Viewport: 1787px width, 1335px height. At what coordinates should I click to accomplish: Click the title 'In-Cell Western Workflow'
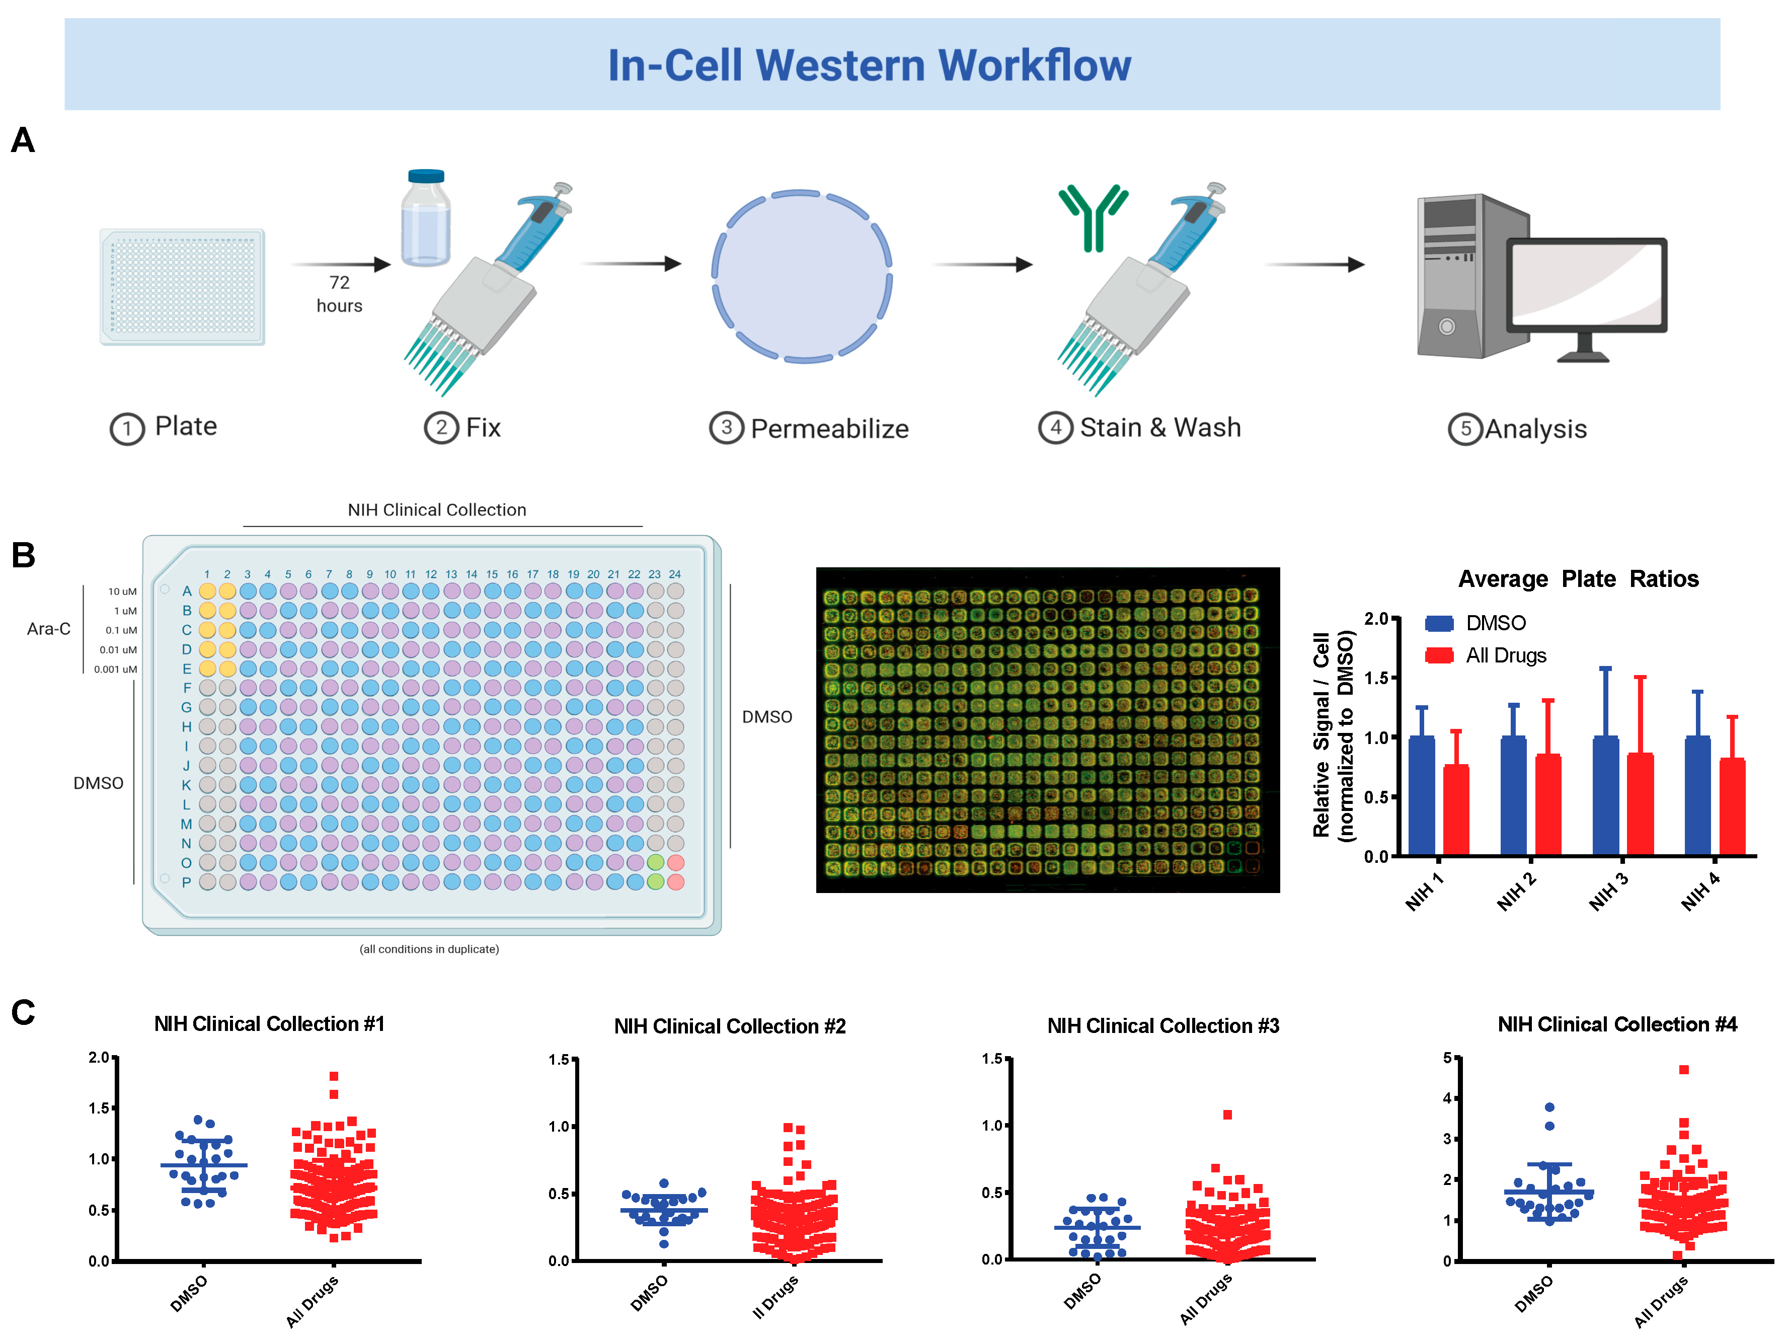[869, 64]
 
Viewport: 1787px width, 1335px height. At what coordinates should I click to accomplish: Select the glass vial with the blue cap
[426, 218]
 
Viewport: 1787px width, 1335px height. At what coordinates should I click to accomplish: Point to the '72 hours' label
[339, 293]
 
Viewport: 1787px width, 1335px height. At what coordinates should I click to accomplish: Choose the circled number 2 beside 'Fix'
[441, 427]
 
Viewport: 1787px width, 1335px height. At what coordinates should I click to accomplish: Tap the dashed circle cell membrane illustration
[801, 276]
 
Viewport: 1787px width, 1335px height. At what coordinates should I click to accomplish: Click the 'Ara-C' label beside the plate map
[48, 629]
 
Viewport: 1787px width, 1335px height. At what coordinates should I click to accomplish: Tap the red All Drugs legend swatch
[1439, 655]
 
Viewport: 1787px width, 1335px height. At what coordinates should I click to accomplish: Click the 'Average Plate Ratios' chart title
[1578, 578]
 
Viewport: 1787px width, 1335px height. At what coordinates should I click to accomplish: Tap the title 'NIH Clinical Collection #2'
[730, 1026]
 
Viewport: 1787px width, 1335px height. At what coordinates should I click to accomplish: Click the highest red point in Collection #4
[1684, 1069]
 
